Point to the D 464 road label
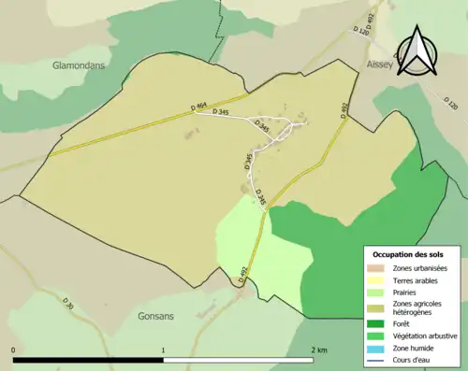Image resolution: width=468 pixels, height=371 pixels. [x=197, y=108]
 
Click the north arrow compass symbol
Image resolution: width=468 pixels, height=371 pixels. [x=418, y=48]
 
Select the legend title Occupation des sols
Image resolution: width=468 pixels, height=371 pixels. [x=408, y=254]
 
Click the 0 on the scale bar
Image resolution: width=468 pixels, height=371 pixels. [x=14, y=350]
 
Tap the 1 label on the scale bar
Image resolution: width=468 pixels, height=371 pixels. [x=165, y=350]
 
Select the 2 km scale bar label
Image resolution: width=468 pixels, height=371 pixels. [x=319, y=350]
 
